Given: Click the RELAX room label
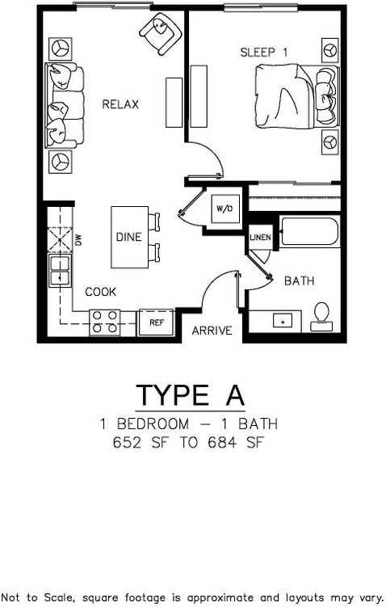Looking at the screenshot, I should [x=120, y=104].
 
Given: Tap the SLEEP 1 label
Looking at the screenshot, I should [x=264, y=53].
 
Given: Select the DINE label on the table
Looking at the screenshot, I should [x=129, y=238].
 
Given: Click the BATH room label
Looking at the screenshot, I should [x=299, y=281].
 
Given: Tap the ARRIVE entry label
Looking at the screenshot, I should [x=212, y=331].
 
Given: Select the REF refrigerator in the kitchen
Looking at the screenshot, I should [x=157, y=322].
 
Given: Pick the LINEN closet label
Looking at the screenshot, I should [x=260, y=238].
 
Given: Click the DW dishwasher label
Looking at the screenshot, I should [x=78, y=240].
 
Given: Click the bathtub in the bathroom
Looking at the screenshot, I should [x=309, y=233].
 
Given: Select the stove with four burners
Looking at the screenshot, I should [x=104, y=322].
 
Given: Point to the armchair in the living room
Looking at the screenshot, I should [x=160, y=34].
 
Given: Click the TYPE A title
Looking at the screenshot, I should [x=190, y=395].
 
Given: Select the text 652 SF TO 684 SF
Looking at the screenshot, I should [x=190, y=443].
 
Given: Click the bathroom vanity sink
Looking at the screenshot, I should [x=283, y=321].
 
